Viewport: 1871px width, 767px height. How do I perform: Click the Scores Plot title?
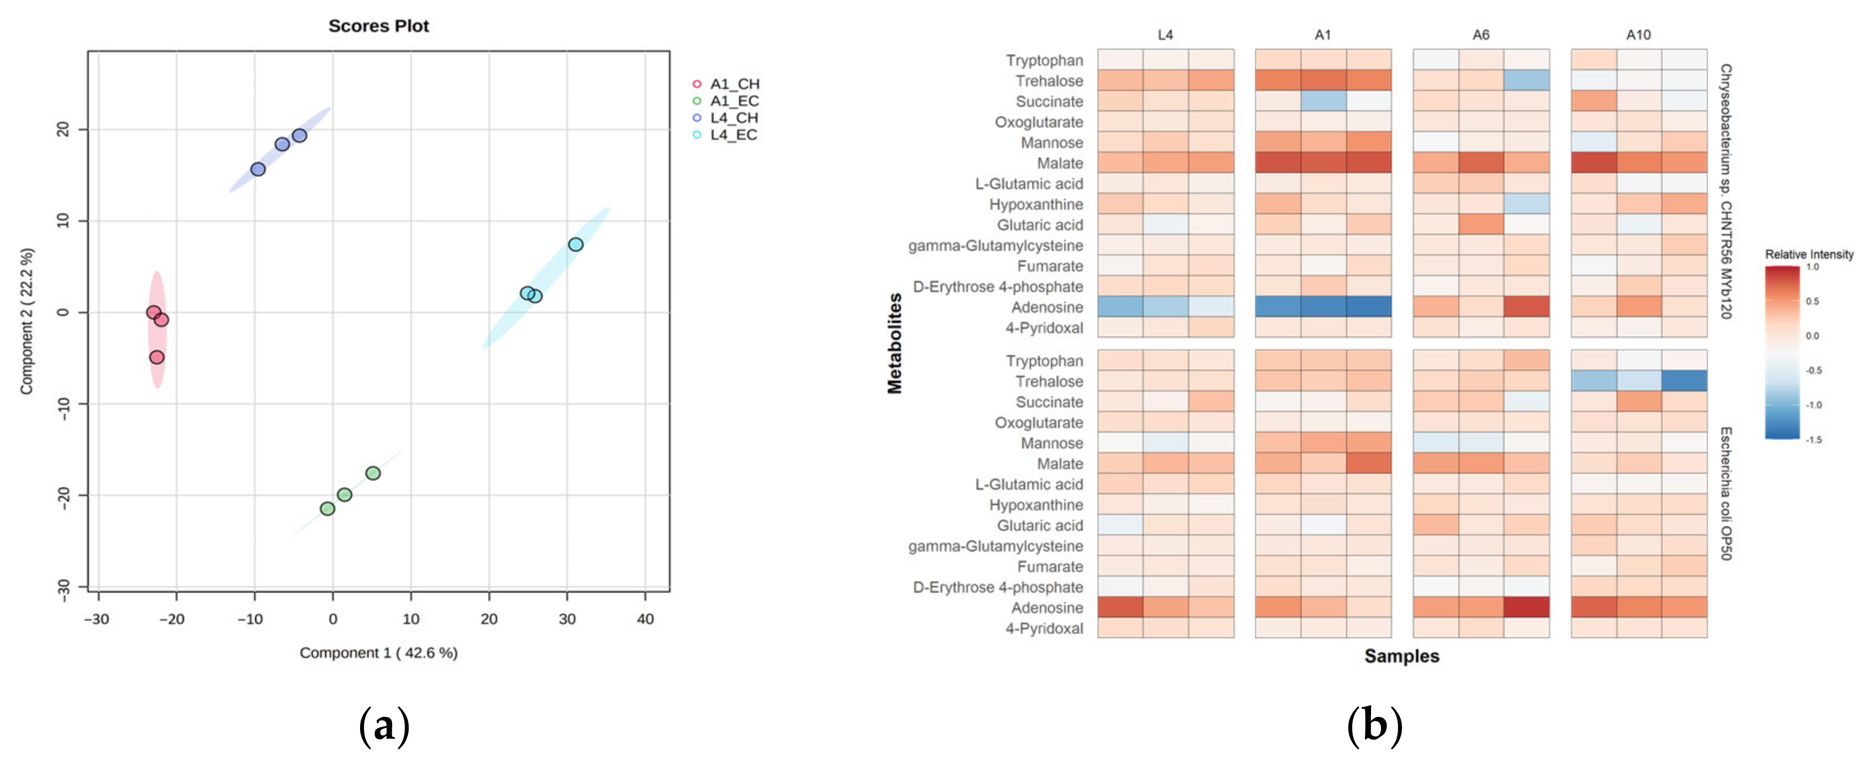(378, 26)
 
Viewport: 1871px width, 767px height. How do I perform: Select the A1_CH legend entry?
(734, 84)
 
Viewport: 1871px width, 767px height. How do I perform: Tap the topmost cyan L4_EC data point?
(575, 245)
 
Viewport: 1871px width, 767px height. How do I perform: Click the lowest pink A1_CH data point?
(157, 357)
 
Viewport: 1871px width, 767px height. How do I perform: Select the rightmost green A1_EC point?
(373, 473)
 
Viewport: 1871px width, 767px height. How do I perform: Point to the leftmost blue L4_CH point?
(258, 169)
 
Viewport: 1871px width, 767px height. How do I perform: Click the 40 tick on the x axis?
(645, 619)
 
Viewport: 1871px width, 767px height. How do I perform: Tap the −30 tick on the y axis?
(64, 587)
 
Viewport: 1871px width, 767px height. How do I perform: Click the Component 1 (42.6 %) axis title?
(378, 653)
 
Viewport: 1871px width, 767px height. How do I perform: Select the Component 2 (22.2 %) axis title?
(27, 321)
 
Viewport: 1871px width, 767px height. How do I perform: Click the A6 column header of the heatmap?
(1480, 35)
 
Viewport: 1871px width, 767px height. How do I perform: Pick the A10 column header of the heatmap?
(1638, 35)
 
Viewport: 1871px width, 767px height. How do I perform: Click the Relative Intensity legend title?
(1808, 254)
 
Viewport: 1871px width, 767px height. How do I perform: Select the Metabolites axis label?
(895, 343)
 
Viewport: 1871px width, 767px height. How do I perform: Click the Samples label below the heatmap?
(1401, 656)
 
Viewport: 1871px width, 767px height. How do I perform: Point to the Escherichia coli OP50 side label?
(1726, 493)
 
